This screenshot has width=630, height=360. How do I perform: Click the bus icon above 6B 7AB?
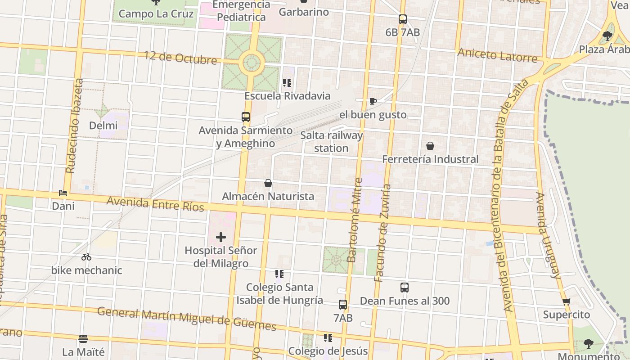point(403,19)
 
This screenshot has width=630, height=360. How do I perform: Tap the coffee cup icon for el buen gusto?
point(373,101)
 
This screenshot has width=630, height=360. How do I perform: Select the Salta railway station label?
point(331,142)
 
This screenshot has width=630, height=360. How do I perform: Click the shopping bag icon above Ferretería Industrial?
point(430,146)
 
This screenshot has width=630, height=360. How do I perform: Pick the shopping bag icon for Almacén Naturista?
point(268,183)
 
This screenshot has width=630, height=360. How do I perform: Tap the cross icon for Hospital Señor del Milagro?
point(221,237)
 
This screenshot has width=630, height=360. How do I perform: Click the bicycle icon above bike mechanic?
point(86,257)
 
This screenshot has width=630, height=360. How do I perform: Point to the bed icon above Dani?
point(63,193)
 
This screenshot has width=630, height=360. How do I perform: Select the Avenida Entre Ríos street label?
point(155,203)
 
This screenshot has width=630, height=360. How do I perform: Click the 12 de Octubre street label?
point(180,58)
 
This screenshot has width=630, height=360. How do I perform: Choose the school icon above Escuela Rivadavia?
point(287,83)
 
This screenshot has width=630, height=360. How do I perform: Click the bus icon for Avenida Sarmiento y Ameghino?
point(246,117)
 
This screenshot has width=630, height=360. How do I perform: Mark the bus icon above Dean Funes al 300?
point(405,288)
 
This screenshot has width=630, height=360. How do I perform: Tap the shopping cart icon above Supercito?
point(566,301)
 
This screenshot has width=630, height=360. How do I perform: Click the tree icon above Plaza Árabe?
point(607,36)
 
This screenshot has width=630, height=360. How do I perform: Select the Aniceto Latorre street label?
point(497,55)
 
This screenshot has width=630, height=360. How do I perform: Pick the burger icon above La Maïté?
point(83,338)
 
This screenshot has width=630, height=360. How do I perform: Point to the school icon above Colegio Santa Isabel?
point(279,274)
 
